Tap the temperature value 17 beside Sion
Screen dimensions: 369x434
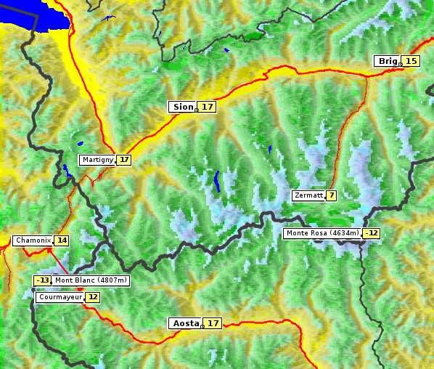(208, 107)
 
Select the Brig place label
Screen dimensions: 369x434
(386, 61)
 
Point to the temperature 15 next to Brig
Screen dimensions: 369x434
(411, 61)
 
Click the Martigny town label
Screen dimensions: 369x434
(97, 160)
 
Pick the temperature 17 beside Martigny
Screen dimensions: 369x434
(124, 160)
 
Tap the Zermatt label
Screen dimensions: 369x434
(308, 195)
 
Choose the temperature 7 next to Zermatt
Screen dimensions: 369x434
(332, 195)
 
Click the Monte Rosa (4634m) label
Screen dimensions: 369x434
(322, 233)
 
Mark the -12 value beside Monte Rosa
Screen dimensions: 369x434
(372, 233)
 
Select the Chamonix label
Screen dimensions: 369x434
(33, 240)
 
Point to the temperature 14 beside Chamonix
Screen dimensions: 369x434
(62, 240)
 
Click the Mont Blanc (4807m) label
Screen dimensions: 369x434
(91, 280)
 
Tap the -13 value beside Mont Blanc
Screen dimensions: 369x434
(42, 280)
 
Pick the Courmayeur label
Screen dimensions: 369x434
(60, 297)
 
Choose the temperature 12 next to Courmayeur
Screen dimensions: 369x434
(93, 297)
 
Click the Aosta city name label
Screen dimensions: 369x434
(184, 323)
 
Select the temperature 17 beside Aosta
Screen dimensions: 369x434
(213, 323)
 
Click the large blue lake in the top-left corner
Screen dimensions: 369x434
(33, 15)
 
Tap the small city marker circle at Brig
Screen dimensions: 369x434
(401, 65)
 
